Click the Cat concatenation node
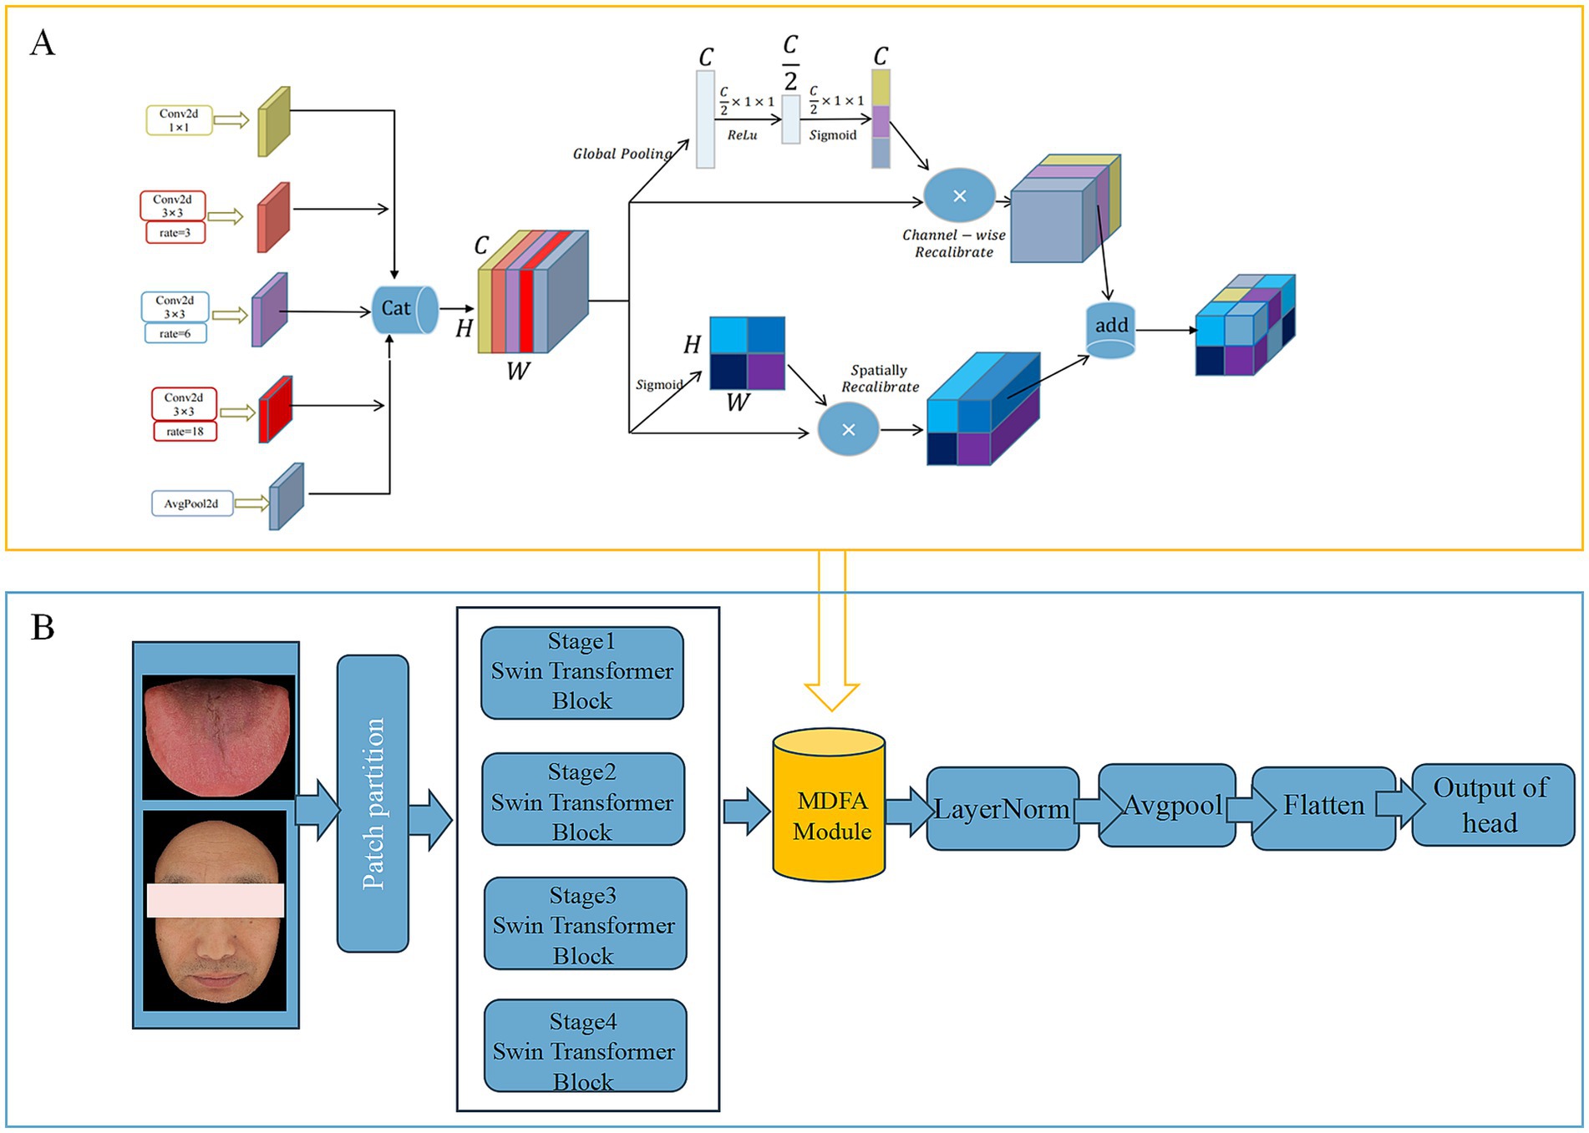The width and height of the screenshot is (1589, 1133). coord(405,310)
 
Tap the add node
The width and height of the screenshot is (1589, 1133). coord(1110,331)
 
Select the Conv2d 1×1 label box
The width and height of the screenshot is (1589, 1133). coord(179,120)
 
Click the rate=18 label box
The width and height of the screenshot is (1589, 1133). coord(185,432)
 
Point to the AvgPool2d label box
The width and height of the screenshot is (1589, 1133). coord(191,503)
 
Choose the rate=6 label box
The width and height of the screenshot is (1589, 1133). coord(175,334)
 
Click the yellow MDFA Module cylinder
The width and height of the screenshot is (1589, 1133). coord(830,805)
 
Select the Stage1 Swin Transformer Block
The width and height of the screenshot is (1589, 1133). coord(582,673)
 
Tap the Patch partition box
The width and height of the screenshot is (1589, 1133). coord(373,803)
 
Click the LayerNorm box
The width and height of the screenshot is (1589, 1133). coord(1003,809)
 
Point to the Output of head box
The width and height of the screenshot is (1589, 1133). coord(1493,806)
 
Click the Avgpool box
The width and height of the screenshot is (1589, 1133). coord(1167,806)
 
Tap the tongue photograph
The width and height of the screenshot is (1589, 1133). coord(218,737)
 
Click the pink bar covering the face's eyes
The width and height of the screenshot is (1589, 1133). coord(216,901)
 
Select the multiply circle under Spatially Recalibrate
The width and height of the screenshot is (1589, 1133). coord(848,430)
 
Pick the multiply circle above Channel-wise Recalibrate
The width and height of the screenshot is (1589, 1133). coord(960,195)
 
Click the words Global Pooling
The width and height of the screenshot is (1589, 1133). coord(622,154)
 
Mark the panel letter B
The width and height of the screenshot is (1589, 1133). coord(43,628)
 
